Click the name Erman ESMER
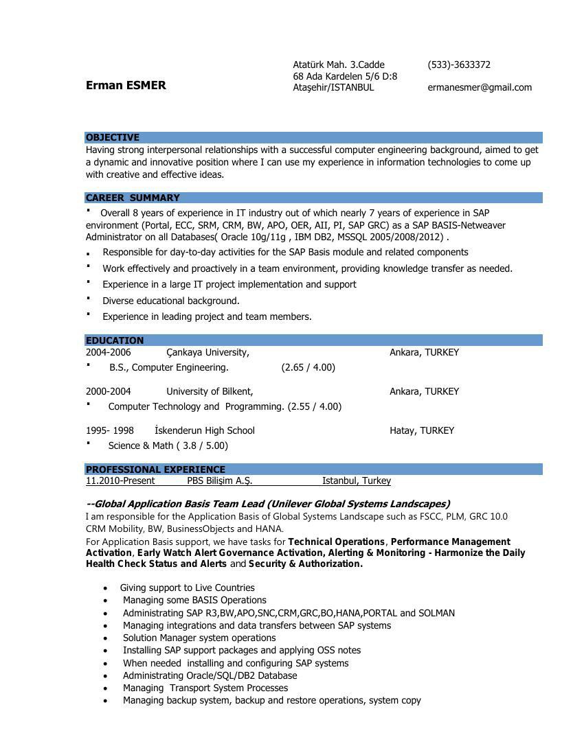click(126, 85)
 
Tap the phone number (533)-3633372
click(459, 65)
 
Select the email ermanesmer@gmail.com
click(480, 87)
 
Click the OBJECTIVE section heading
click(113, 137)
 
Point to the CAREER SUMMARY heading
click(133, 198)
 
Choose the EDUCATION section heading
click(115, 340)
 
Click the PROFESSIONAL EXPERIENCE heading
click(155, 469)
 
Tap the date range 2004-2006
click(108, 352)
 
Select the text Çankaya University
click(207, 352)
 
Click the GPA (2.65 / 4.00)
click(308, 367)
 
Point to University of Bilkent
click(210, 391)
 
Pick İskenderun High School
click(205, 430)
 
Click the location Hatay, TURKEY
click(422, 430)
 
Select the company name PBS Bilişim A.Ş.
click(220, 480)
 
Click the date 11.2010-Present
click(120, 480)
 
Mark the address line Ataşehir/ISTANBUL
click(333, 87)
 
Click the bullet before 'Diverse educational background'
click(89, 299)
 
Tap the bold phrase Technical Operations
click(336, 542)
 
